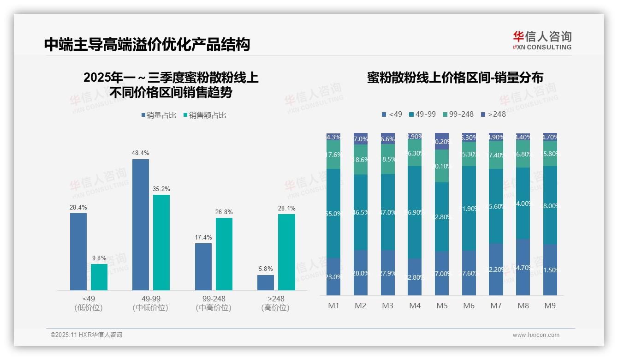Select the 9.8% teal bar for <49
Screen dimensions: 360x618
(x=99, y=277)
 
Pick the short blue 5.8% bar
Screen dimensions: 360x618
(x=266, y=282)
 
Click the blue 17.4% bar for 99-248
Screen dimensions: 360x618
(x=203, y=267)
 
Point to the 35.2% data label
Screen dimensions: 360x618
(x=161, y=189)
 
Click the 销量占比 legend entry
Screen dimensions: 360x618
(x=159, y=115)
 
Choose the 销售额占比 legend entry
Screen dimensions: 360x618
(x=205, y=115)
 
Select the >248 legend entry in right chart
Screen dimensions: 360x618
(x=493, y=114)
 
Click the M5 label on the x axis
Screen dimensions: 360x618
(x=442, y=306)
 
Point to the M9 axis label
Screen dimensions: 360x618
(x=550, y=306)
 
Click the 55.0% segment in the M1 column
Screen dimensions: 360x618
(x=333, y=213)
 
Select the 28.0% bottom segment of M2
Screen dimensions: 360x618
(x=361, y=273)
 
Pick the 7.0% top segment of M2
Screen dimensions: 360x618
(x=361, y=139)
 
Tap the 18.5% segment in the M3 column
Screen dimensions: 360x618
(x=388, y=159)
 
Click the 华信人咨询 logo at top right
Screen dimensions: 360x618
(x=542, y=41)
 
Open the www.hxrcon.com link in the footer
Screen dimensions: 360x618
(x=536, y=335)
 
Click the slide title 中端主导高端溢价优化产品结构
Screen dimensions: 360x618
(x=147, y=44)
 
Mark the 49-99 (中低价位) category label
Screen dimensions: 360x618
(x=150, y=303)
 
